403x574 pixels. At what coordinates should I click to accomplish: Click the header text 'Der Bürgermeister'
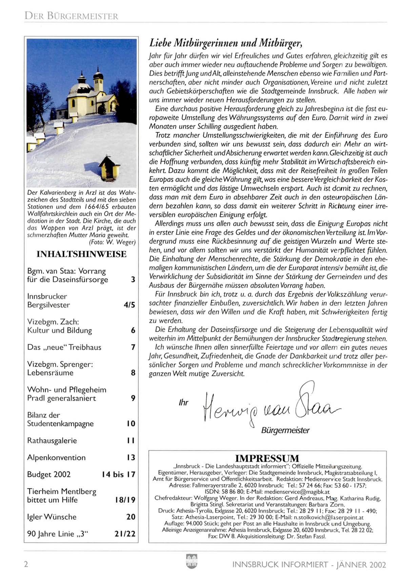[71, 16]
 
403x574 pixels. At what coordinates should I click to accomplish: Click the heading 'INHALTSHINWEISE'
[81, 254]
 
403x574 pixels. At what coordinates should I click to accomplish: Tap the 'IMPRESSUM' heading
[267, 458]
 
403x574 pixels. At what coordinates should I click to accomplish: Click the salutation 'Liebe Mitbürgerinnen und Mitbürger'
[225, 43]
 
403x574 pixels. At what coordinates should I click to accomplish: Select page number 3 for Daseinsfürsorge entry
[133, 280]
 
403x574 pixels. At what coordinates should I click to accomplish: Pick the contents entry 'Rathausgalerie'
[52, 441]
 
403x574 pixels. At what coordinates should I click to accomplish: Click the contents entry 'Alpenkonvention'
[57, 458]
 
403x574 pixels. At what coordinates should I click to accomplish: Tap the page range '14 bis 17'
[118, 475]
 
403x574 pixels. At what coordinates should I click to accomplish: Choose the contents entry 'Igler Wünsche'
[52, 517]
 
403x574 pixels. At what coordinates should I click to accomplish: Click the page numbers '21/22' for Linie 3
[125, 534]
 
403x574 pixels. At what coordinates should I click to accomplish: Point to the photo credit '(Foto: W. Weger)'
[112, 242]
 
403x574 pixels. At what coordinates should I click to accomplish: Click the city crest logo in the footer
[192, 561]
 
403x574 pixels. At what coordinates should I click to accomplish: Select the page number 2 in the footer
[26, 564]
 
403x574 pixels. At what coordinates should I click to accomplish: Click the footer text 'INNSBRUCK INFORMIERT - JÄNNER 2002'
[309, 565]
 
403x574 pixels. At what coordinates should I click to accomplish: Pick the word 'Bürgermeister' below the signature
[285, 430]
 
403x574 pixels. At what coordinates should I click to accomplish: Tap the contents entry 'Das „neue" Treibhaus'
[64, 347]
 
